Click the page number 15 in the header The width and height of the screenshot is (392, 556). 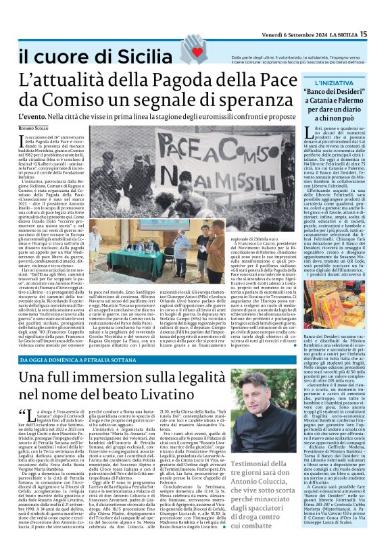pos(382,34)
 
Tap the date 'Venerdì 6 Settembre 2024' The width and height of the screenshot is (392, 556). pos(305,34)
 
